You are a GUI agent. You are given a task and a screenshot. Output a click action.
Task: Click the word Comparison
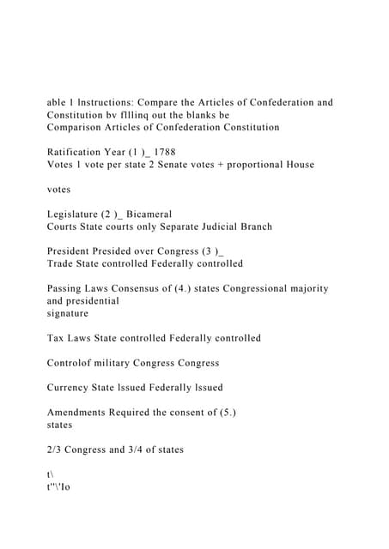(77, 127)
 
